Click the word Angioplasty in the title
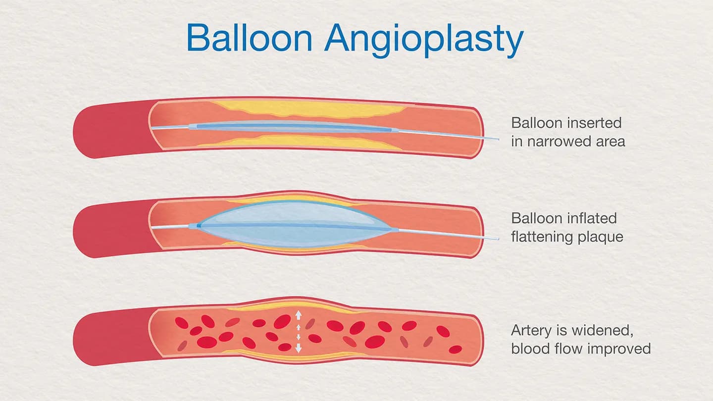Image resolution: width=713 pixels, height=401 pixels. pos(424,40)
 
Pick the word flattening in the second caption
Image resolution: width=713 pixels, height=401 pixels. pos(541,237)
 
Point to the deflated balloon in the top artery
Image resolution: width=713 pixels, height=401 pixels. pos(292,127)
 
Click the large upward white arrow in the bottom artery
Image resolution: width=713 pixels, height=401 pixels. pos(298,315)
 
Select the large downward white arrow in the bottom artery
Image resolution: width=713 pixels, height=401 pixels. pos(298,348)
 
